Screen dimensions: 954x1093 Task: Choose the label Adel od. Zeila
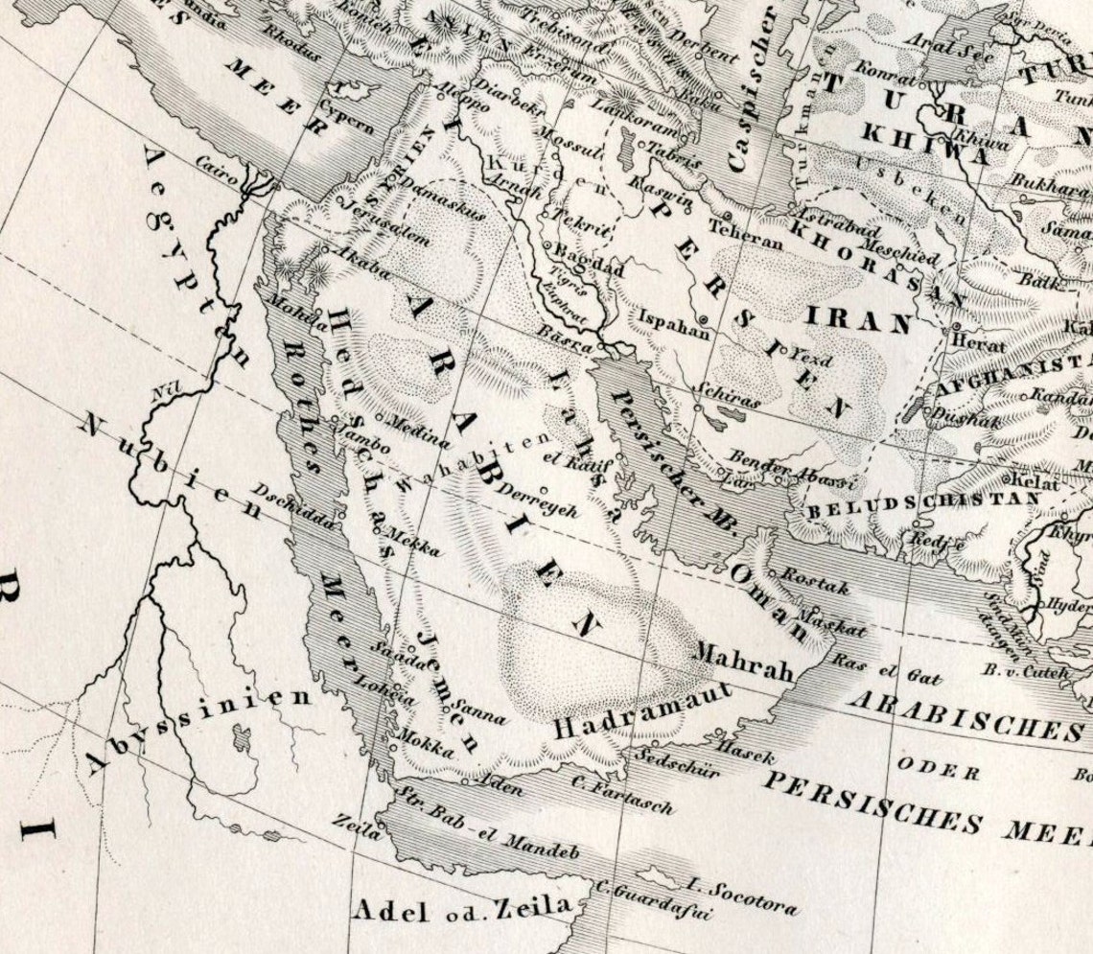point(464,907)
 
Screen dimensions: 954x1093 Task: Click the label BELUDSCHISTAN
point(923,501)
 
